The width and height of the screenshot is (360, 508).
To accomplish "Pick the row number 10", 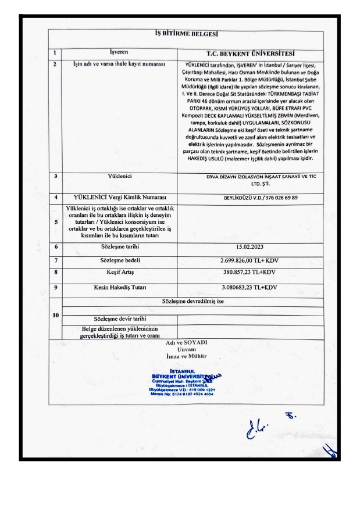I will click(x=55, y=315).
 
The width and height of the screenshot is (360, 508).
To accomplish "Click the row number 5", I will click(x=55, y=221).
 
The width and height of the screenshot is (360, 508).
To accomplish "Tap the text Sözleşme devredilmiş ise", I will click(x=186, y=301).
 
